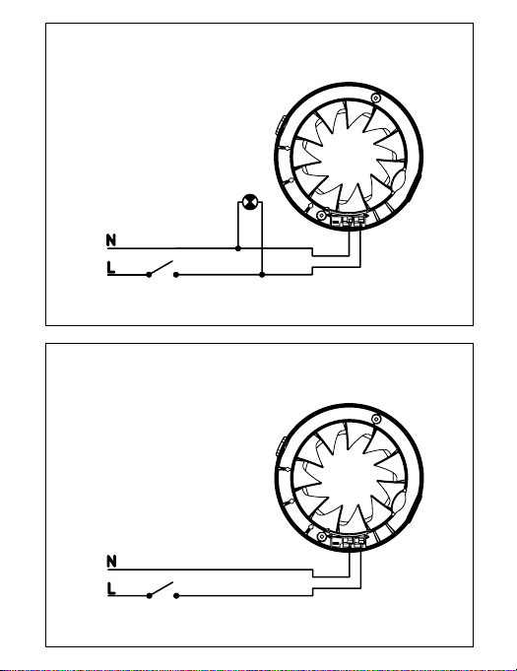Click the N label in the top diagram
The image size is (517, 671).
tap(111, 240)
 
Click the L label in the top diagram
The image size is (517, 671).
tap(110, 267)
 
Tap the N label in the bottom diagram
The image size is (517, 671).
tap(111, 561)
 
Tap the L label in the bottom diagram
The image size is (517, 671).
tap(111, 588)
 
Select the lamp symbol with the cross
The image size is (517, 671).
tap(250, 202)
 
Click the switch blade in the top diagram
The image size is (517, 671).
tap(161, 267)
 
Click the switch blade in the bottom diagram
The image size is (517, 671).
tap(161, 588)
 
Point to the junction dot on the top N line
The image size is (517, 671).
tap(238, 248)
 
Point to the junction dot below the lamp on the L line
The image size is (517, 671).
tap(262, 275)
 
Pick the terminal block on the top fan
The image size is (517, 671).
tap(349, 221)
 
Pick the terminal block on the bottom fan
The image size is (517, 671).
tap(349, 542)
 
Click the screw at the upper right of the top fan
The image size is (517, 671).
tap(375, 98)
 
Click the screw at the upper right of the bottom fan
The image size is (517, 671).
tap(376, 420)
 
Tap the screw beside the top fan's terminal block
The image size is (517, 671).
tap(321, 215)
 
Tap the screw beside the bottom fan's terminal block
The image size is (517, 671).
tap(322, 537)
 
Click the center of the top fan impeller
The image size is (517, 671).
tap(349, 157)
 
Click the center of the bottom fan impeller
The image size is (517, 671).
tap(349, 479)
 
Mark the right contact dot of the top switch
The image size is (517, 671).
tap(175, 275)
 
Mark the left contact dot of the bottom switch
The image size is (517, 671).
tap(149, 596)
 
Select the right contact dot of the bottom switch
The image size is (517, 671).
tap(176, 596)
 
